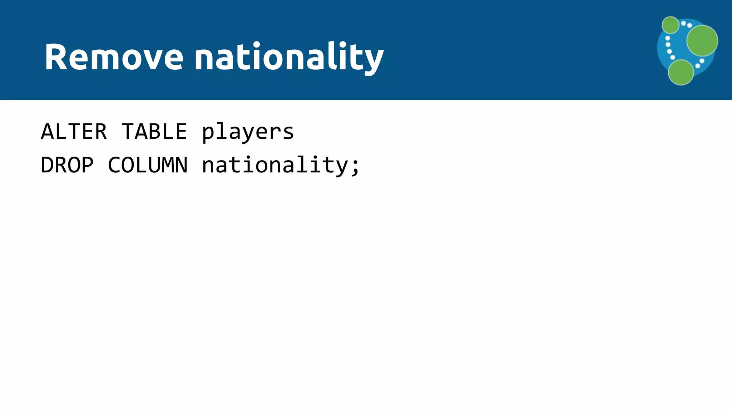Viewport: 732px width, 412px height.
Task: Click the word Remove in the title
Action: (114, 57)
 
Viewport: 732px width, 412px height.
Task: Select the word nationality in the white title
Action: (289, 57)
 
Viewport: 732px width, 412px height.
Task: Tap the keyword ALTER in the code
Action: (74, 131)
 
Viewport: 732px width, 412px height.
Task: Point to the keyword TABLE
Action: (154, 131)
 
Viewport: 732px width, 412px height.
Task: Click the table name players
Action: (248, 132)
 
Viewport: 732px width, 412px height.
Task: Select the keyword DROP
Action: (67, 165)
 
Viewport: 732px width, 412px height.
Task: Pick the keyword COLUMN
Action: (148, 165)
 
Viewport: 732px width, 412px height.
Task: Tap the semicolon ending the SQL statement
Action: (355, 167)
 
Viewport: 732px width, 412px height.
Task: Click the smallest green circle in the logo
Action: (670, 25)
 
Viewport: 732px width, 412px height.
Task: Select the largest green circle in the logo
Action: (702, 40)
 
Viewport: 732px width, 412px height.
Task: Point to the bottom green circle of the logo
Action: (681, 72)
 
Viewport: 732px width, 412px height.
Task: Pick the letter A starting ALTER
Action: (47, 131)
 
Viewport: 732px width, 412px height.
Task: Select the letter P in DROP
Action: (87, 165)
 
